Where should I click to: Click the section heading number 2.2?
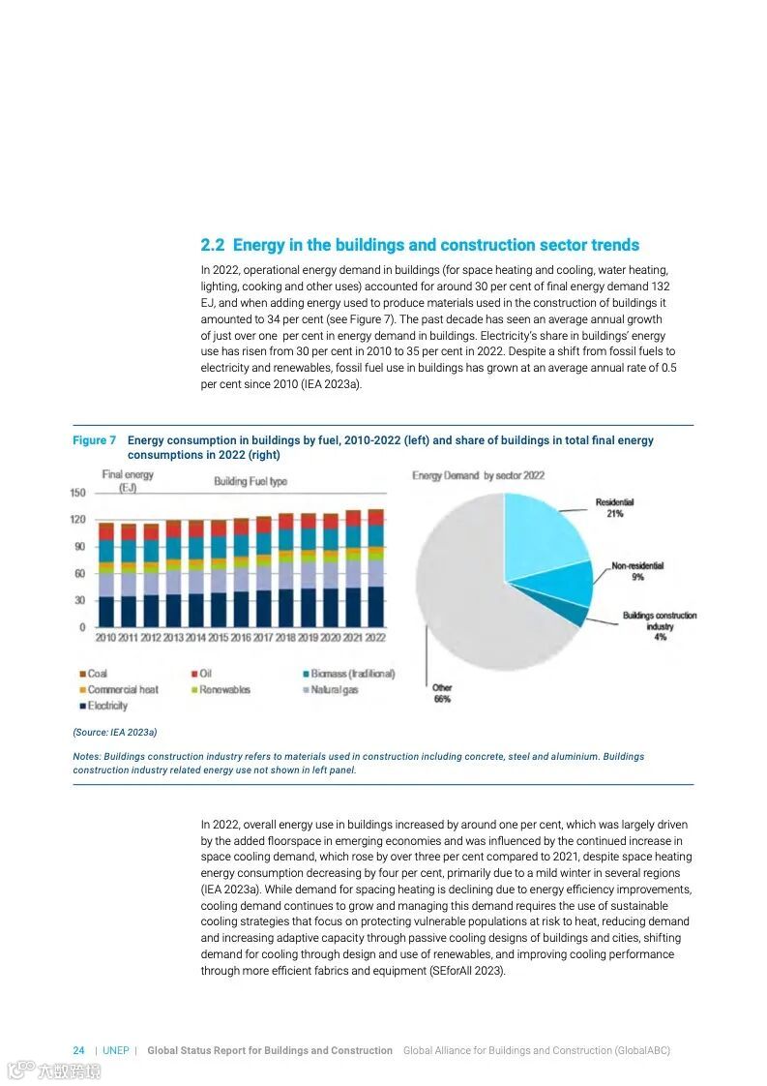(212, 246)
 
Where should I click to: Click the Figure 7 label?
(94, 440)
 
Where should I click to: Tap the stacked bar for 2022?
(375, 568)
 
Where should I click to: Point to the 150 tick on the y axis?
(77, 493)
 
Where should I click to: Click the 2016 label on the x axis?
(241, 638)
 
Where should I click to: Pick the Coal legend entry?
(93, 674)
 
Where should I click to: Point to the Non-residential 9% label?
(637, 571)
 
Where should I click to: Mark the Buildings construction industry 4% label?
(660, 626)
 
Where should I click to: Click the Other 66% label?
(442, 693)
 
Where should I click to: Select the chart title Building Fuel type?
(251, 481)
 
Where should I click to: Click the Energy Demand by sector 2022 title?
(478, 476)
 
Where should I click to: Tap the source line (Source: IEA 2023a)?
(114, 733)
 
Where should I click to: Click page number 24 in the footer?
(78, 1050)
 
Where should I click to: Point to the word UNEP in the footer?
(116, 1050)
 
